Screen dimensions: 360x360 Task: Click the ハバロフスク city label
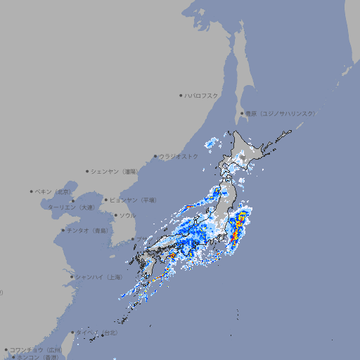point(202,96)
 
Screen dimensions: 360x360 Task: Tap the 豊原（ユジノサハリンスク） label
point(281,114)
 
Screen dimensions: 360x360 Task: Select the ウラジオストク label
point(179,156)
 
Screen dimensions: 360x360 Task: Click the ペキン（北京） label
point(53,191)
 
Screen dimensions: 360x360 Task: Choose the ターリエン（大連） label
point(70,207)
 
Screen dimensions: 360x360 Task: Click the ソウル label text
point(127,216)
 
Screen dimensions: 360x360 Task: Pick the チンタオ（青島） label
point(88,230)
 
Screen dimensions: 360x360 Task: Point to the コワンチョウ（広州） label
point(36,349)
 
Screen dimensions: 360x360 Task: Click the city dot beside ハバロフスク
point(181,96)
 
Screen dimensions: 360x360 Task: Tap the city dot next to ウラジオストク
point(155,156)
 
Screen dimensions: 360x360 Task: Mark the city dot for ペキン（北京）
point(32,191)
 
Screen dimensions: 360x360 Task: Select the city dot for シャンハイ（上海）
point(72,277)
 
